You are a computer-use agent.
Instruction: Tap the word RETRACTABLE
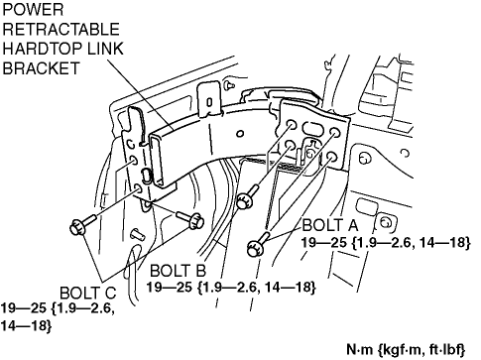[x=60, y=29]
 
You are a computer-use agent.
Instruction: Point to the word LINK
[x=105, y=49]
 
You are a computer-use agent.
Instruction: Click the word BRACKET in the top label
[x=41, y=68]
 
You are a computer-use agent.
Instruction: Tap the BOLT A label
[x=330, y=225]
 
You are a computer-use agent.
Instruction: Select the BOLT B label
[x=178, y=271]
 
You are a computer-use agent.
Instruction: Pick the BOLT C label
[x=88, y=293]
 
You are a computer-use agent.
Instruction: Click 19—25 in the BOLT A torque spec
[x=323, y=243]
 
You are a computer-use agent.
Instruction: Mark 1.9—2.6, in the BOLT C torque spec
[x=83, y=308]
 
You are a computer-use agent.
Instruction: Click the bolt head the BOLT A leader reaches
[x=255, y=249]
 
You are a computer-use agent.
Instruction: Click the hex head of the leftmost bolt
[x=78, y=228]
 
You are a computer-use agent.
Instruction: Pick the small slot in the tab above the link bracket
[x=209, y=102]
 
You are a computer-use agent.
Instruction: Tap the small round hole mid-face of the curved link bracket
[x=240, y=134]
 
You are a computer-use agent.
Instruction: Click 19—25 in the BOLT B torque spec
[x=170, y=287]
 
